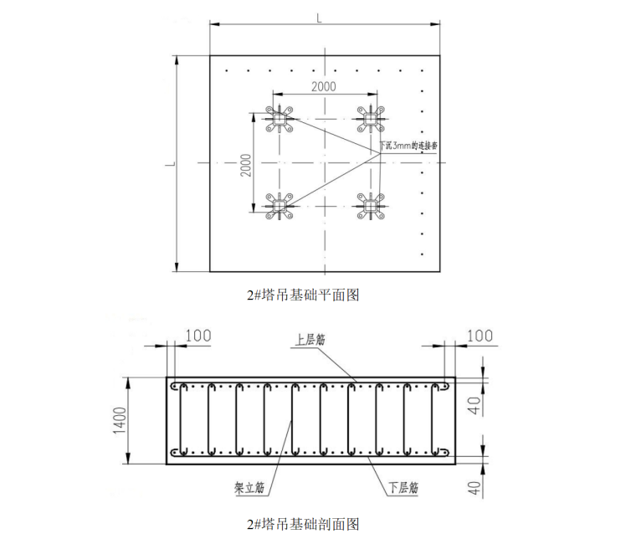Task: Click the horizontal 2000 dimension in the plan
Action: click(x=324, y=87)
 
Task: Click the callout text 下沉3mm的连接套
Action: click(x=410, y=146)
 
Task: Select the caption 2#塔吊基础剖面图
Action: click(x=302, y=525)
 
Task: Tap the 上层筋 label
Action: click(x=309, y=341)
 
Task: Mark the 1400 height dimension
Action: click(x=120, y=420)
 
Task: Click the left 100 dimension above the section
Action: click(x=197, y=336)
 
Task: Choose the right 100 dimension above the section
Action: click(x=479, y=336)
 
